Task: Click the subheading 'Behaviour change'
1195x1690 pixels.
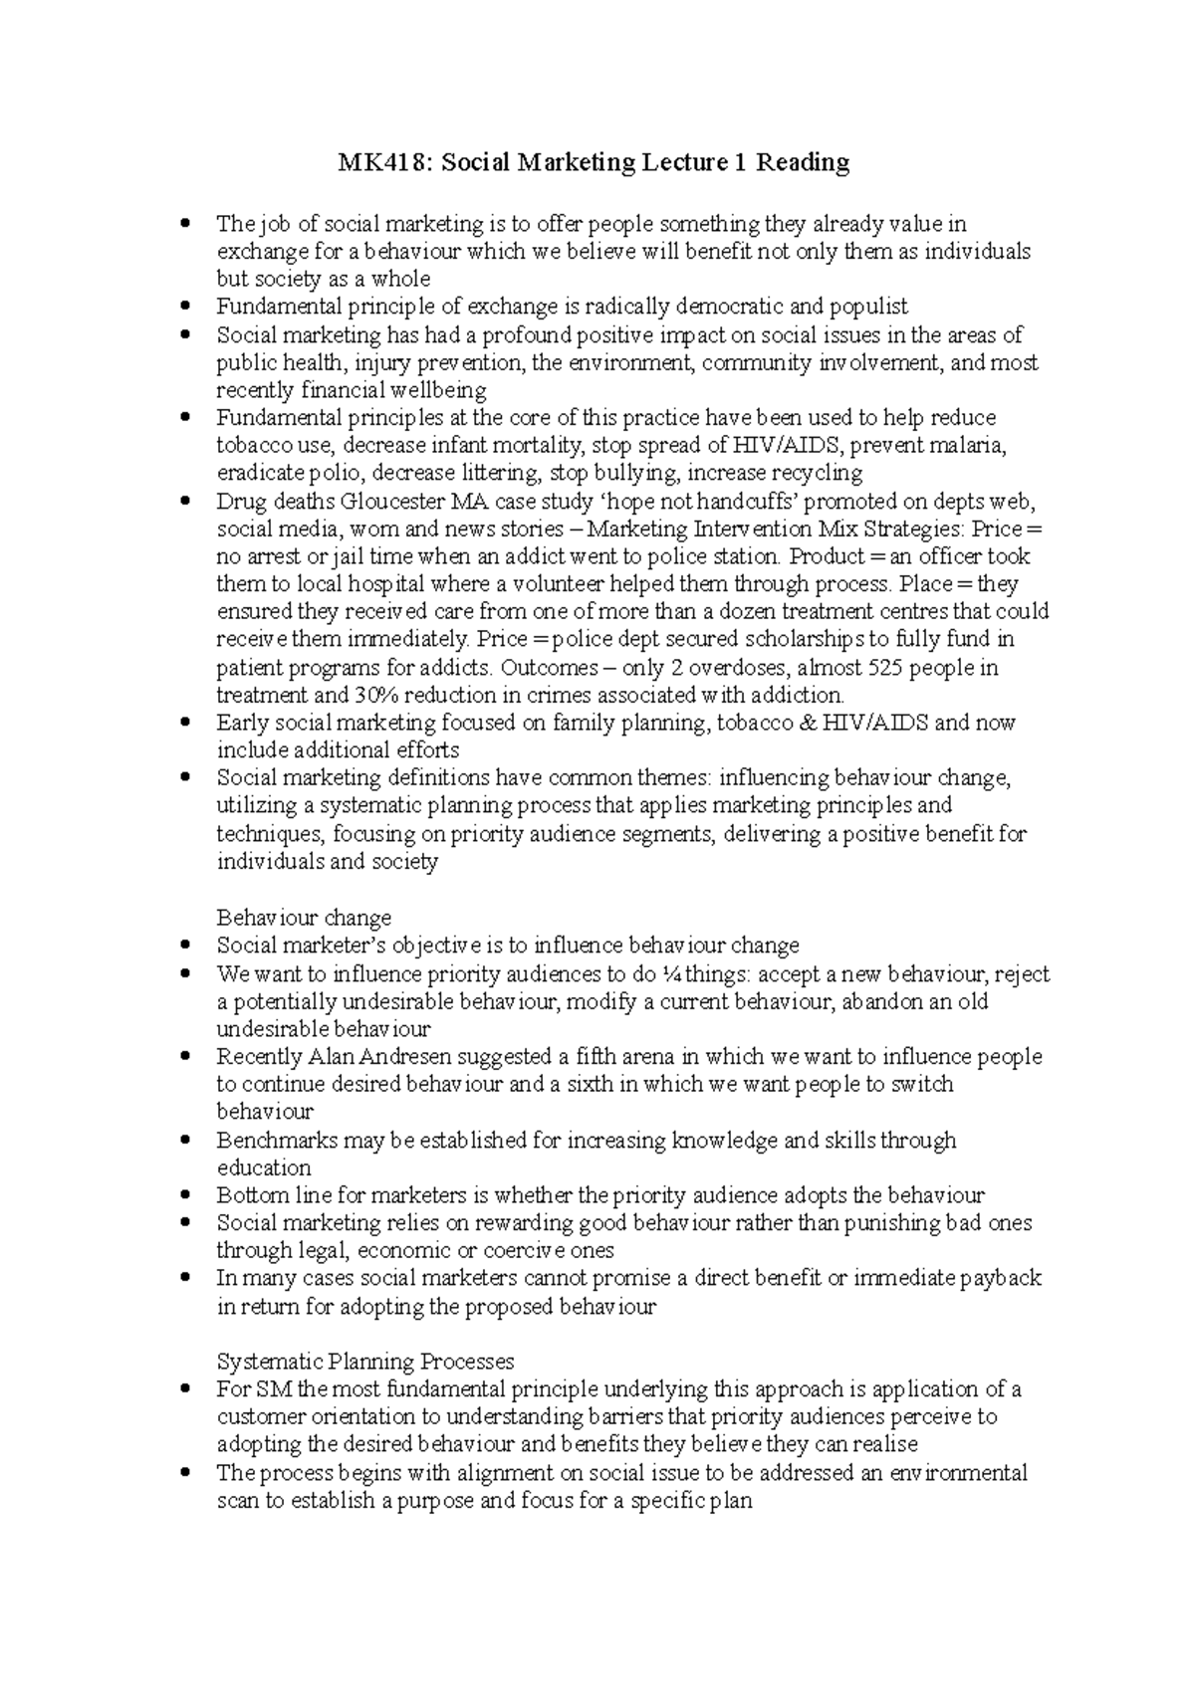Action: click(304, 918)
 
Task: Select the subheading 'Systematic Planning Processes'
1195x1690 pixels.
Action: click(365, 1362)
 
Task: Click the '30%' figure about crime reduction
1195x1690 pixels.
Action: click(373, 695)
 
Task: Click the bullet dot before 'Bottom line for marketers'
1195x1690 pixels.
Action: click(185, 1195)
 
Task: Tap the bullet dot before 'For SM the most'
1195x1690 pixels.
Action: click(185, 1389)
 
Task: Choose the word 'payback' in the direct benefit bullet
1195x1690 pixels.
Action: click(1001, 1279)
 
